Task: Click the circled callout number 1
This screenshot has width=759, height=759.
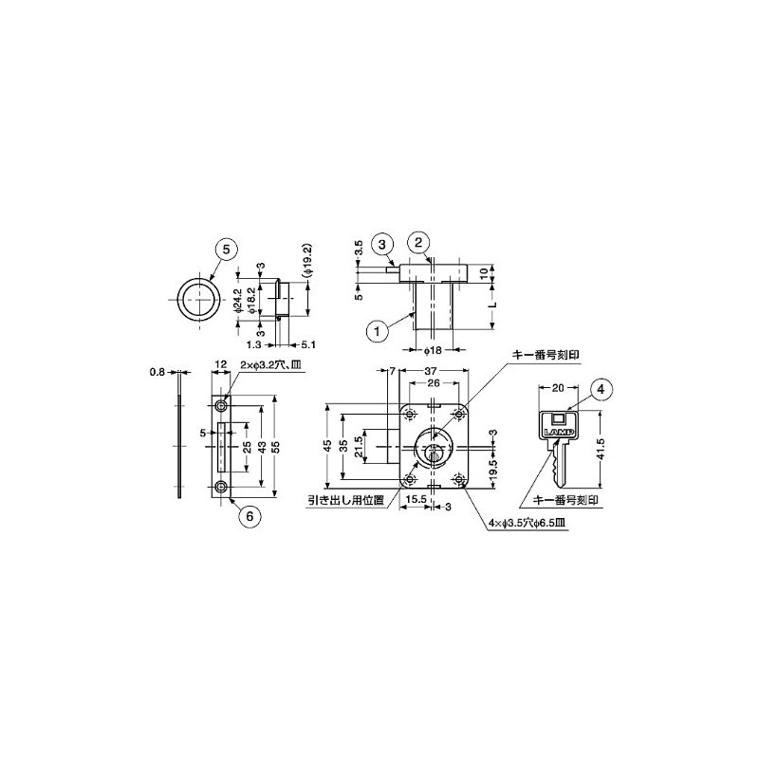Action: point(378,331)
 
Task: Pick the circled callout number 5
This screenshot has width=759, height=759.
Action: point(225,249)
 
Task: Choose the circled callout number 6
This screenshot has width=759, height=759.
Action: point(249,516)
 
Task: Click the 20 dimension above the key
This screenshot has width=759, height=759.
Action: point(557,388)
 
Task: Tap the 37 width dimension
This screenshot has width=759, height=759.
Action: point(433,370)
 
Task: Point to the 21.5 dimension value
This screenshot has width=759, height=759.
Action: point(360,445)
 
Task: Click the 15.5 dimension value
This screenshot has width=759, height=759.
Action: point(415,496)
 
